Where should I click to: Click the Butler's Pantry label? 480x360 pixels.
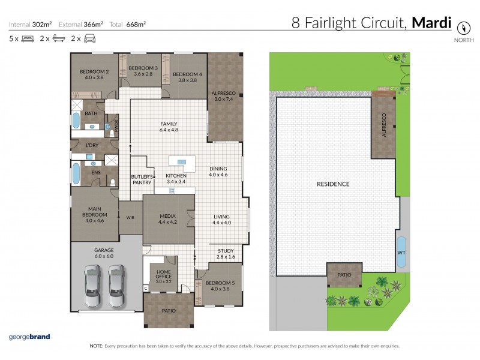click(x=142, y=179)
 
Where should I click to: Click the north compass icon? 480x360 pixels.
click(x=463, y=28)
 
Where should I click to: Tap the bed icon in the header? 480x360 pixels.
click(x=28, y=39)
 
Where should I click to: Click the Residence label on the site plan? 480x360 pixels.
click(x=333, y=184)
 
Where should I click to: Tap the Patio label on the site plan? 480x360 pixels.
click(x=344, y=275)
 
